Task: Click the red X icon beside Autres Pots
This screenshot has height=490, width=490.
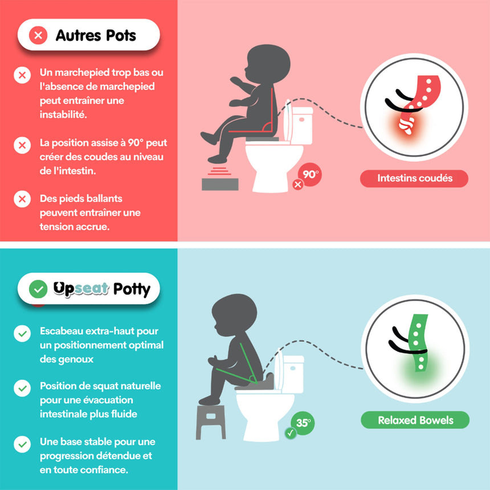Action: click(38, 35)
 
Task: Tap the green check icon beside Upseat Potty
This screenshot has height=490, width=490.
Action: click(38, 289)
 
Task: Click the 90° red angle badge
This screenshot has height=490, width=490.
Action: click(310, 174)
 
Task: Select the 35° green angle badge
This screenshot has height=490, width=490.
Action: click(303, 423)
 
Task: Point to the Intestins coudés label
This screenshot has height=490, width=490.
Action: click(414, 178)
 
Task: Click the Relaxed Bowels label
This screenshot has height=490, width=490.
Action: click(415, 420)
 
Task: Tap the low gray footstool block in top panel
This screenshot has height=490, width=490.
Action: click(220, 184)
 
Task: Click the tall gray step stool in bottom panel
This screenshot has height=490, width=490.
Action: click(211, 422)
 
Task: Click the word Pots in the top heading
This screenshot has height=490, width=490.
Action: click(121, 35)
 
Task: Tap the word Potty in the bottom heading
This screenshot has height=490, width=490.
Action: click(132, 289)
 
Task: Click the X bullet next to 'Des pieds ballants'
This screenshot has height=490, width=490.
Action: click(22, 199)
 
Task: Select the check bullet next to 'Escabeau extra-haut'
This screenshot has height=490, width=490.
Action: click(22, 333)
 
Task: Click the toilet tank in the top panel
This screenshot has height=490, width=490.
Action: click(301, 125)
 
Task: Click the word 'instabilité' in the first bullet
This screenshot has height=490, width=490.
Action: click(63, 115)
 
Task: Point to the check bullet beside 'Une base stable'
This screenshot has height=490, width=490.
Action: click(22, 444)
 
